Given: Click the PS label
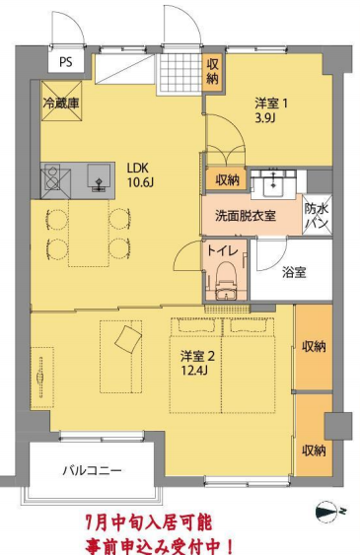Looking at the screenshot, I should click(x=66, y=62).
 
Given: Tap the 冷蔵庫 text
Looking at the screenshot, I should click(x=60, y=101).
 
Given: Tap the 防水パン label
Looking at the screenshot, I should click(x=317, y=216).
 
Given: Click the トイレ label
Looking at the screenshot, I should click(x=221, y=250).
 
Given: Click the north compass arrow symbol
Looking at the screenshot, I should click(x=329, y=512).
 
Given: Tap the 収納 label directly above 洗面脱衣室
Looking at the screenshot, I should click(x=226, y=179).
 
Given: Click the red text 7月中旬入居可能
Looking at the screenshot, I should click(x=149, y=519).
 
